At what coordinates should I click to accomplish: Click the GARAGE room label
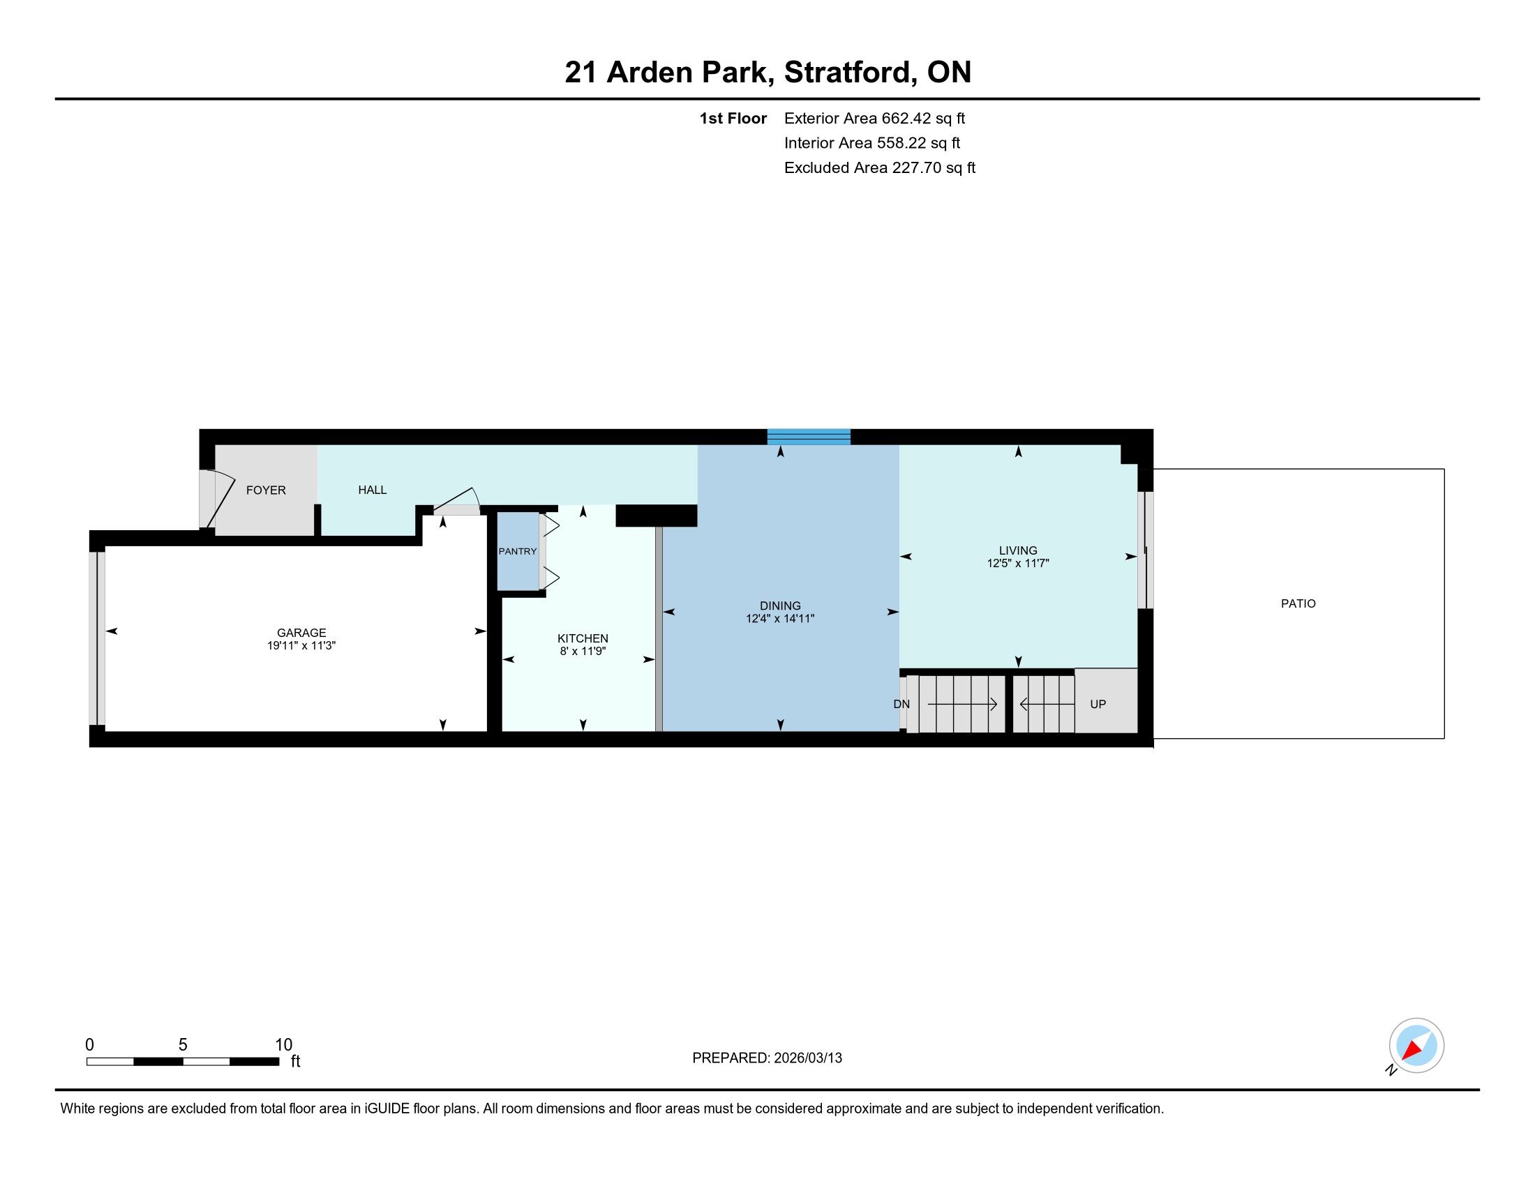pyautogui.click(x=301, y=632)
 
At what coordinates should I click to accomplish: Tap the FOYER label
pyautogui.click(x=266, y=490)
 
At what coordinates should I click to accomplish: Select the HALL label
pyautogui.click(x=373, y=490)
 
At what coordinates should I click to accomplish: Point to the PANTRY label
pyautogui.click(x=517, y=552)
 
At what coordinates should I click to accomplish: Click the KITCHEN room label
pyautogui.click(x=583, y=638)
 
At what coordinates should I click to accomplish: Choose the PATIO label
pyautogui.click(x=1298, y=603)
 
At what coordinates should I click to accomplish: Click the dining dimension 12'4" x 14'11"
pyautogui.click(x=780, y=619)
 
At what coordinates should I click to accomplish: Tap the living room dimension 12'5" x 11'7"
pyautogui.click(x=1018, y=563)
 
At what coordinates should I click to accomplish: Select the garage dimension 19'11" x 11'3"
pyautogui.click(x=301, y=646)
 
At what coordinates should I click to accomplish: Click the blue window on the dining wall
pyautogui.click(x=809, y=437)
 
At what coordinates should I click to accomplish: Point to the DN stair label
pyautogui.click(x=901, y=704)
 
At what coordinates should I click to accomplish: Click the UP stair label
pyautogui.click(x=1098, y=704)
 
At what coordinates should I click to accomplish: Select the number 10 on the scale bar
pyautogui.click(x=283, y=1045)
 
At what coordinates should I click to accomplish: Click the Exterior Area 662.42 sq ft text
pyautogui.click(x=874, y=118)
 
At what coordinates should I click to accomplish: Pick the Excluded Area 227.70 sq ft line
pyautogui.click(x=880, y=168)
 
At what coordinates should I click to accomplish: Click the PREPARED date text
pyautogui.click(x=767, y=1058)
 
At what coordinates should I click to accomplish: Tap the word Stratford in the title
pyautogui.click(x=850, y=73)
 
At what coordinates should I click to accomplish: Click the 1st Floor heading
pyautogui.click(x=733, y=118)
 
